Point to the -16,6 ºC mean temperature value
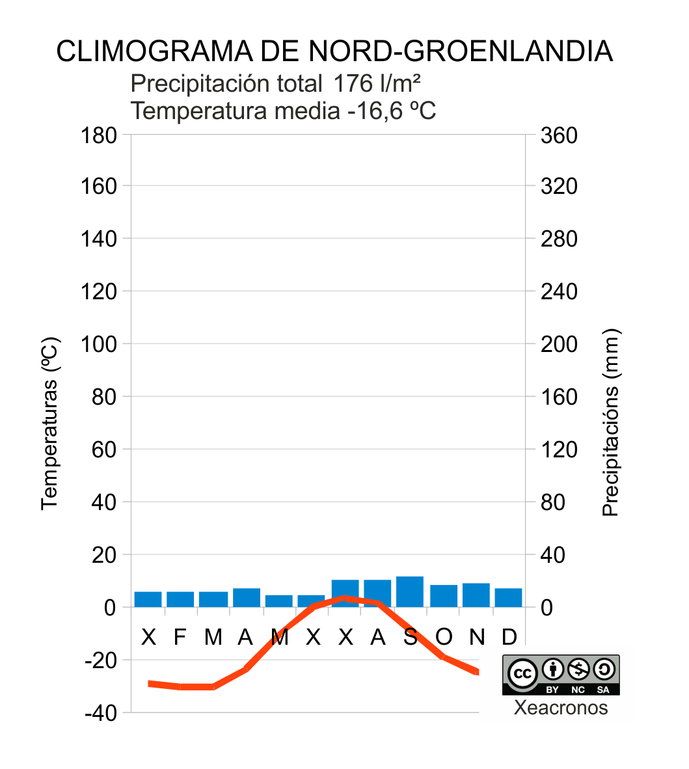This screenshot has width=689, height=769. [x=391, y=111]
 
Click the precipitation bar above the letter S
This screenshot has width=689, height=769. [x=410, y=591]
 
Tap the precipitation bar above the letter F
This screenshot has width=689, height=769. [x=180, y=599]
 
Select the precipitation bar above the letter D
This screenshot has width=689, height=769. [x=508, y=597]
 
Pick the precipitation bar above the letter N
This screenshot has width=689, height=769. [x=476, y=595]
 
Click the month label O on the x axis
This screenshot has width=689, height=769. [x=443, y=637]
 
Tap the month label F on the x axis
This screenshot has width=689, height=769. [x=180, y=637]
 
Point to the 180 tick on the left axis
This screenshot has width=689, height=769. [x=99, y=135]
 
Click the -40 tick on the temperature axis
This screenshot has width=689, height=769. [x=100, y=713]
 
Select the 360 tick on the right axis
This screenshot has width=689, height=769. [x=559, y=135]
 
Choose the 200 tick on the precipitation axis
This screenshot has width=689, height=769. [x=559, y=344]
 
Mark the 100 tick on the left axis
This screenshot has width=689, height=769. [x=99, y=344]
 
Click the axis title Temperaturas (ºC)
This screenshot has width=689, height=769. [x=50, y=423]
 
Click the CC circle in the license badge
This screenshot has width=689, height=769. [x=522, y=673]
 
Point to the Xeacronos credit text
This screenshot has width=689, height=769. [x=561, y=707]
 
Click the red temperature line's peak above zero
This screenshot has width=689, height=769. [x=345, y=598]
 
